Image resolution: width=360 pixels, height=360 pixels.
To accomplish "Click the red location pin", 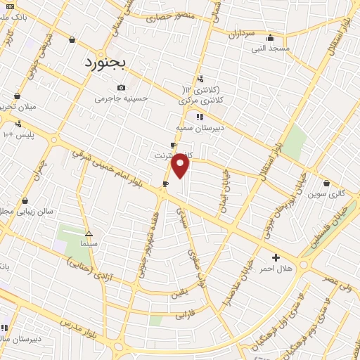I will (181, 166).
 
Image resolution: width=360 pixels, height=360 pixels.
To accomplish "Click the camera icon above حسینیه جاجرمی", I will (121, 87).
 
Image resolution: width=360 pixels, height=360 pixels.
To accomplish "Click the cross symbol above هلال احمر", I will (276, 258).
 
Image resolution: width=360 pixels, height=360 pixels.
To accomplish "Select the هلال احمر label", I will (276, 269).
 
